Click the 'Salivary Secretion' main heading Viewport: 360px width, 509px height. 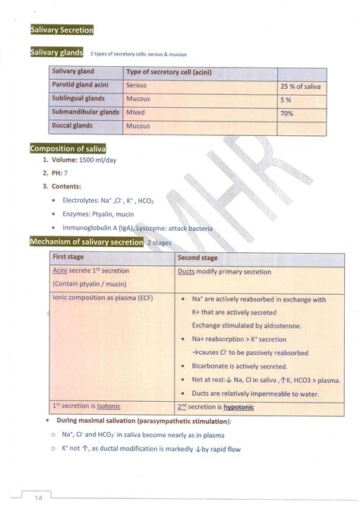[x=62, y=30]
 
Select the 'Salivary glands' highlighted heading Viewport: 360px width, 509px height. [x=56, y=52]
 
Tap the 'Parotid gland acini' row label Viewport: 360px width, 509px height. [x=81, y=86]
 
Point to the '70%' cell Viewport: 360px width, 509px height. [x=287, y=113]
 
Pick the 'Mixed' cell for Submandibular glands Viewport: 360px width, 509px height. [x=137, y=112]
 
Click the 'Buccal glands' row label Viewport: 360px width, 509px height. [x=72, y=126]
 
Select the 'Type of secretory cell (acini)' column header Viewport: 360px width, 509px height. [x=169, y=72]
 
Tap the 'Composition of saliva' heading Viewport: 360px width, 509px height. [x=68, y=148]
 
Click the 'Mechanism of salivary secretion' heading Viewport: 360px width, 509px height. [x=86, y=242]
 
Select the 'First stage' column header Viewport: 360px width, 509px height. [x=68, y=258]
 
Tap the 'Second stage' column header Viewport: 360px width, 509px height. [x=199, y=258]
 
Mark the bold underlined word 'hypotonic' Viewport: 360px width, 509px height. [x=238, y=406]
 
